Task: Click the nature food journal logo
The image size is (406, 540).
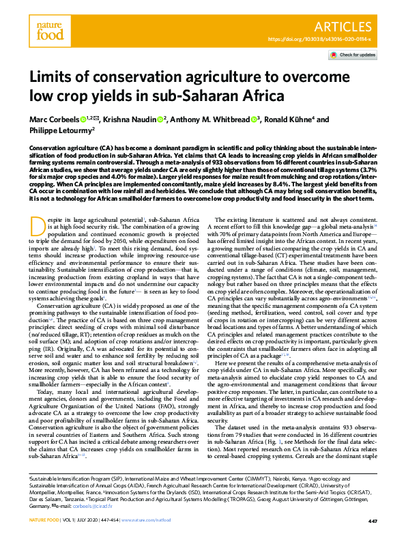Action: coord(50,31)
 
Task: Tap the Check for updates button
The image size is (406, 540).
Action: coord(354,55)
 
